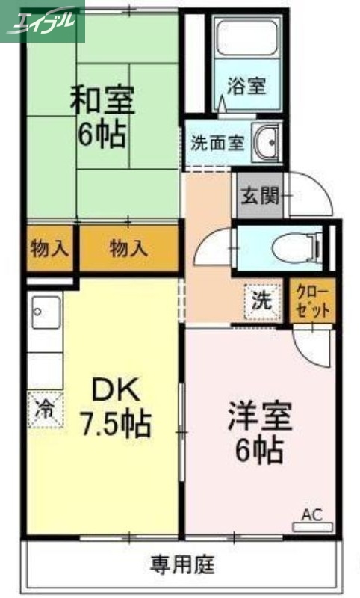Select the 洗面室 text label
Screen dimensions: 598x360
click(217, 143)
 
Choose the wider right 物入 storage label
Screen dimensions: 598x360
click(129, 248)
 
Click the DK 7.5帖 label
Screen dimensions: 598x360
click(116, 408)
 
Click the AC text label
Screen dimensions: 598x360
click(312, 514)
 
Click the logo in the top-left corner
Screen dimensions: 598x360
click(43, 20)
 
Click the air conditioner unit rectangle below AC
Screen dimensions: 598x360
click(312, 527)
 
